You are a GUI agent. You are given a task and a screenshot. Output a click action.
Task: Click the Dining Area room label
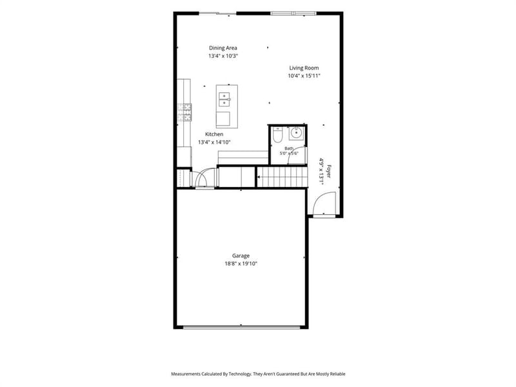223,48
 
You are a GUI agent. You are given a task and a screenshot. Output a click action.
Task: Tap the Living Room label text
304,68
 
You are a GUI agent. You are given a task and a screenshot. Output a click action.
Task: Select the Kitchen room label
214,134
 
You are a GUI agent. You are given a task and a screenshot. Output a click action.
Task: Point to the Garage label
241,255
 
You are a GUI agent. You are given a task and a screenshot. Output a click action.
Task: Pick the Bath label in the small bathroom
289,148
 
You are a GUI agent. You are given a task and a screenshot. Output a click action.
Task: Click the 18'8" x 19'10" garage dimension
241,264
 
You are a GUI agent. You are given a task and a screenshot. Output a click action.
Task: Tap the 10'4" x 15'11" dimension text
304,76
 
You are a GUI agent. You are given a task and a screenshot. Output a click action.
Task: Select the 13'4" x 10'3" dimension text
223,56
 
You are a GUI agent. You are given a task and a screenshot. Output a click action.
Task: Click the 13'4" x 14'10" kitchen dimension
214,142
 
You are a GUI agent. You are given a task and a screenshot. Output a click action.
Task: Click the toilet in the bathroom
277,135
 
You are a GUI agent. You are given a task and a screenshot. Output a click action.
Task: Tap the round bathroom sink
296,134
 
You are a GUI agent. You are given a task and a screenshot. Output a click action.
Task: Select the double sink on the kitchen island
224,99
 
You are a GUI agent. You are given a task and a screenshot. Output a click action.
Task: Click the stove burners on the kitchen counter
185,112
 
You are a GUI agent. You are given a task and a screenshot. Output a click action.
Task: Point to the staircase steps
282,177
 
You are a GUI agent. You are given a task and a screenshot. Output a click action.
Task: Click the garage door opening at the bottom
241,327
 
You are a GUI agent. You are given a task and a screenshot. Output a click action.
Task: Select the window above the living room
293,14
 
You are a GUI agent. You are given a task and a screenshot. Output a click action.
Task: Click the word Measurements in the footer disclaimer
185,374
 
